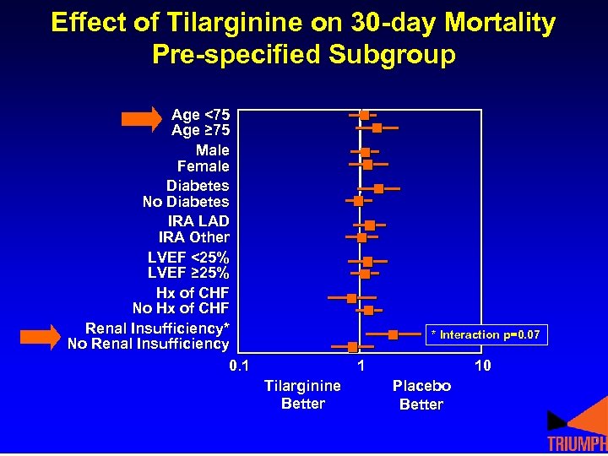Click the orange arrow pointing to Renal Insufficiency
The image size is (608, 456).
pos(40,336)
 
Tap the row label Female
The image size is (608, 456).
pos(203,166)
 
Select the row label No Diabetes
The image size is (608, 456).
pos(186,202)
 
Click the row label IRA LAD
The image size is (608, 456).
pos(198,221)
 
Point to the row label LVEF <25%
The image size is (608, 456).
pos(188,257)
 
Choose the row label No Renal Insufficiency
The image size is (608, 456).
pos(148,344)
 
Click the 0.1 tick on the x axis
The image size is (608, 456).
pos(239,366)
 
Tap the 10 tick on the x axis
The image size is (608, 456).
pos(482,366)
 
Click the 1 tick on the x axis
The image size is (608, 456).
pos(361,366)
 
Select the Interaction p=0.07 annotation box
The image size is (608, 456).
pos(485,335)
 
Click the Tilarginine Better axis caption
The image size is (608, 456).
pos(302,394)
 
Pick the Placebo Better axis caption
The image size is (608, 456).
pos(421,394)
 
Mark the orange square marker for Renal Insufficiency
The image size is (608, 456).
pos(394,335)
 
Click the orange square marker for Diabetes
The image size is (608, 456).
pos(378,188)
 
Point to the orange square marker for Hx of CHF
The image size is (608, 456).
pos(351,298)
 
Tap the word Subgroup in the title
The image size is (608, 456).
pos(392,55)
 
